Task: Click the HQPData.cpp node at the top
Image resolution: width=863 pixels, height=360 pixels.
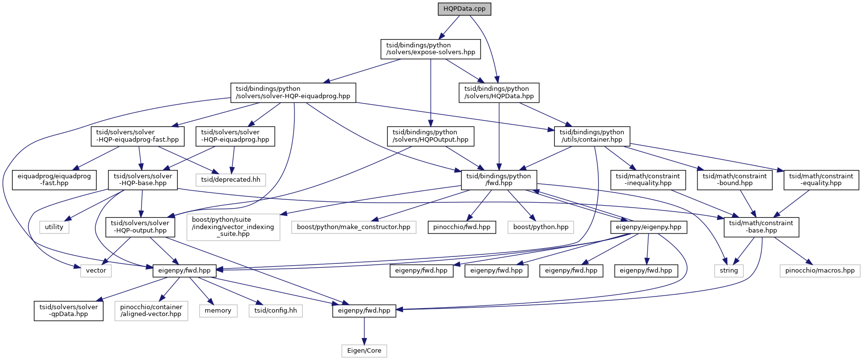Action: (x=464, y=9)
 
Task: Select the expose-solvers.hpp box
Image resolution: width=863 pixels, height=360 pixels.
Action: (x=430, y=49)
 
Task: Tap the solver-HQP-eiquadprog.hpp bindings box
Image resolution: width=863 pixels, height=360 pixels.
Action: (x=293, y=92)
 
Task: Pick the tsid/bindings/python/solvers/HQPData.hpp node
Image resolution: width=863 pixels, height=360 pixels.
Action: (x=499, y=92)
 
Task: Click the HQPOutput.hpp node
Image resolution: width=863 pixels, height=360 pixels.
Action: (x=430, y=136)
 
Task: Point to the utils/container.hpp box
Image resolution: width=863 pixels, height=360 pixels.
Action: (x=591, y=136)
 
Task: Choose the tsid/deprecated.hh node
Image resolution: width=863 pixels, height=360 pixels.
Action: (x=231, y=179)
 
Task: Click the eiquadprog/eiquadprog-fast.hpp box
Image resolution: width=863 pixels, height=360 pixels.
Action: (x=54, y=180)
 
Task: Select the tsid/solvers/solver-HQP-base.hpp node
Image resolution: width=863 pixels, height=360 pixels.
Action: (x=143, y=180)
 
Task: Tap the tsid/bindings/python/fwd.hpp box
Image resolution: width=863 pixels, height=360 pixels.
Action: (x=499, y=180)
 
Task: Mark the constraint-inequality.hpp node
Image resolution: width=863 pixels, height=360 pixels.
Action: (x=648, y=180)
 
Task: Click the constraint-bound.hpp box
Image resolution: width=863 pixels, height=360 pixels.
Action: (x=734, y=180)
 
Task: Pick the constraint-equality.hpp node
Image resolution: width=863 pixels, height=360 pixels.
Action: (x=821, y=180)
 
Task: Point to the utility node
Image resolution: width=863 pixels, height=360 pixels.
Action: (x=54, y=227)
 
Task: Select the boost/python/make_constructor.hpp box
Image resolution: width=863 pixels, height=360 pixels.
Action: (x=354, y=227)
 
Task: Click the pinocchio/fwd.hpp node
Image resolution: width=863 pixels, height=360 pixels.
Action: (x=462, y=227)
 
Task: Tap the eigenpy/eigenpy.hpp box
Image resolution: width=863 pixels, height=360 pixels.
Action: (x=648, y=227)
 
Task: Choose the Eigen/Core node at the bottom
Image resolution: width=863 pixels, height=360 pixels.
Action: (x=364, y=351)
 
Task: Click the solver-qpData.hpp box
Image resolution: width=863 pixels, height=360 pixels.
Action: (x=68, y=310)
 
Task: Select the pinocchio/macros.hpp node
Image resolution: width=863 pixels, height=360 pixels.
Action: (x=820, y=270)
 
